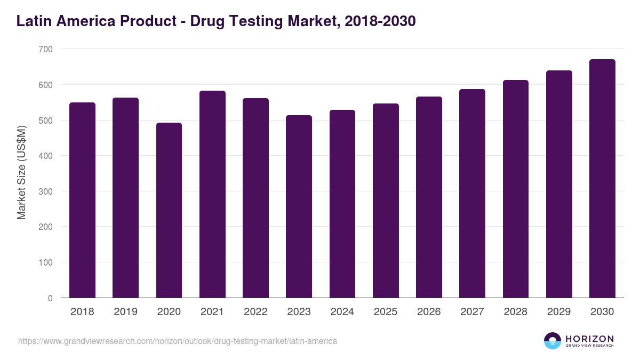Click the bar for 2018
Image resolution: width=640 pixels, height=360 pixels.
pyautogui.click(x=82, y=200)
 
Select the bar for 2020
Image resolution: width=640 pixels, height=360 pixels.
pyautogui.click(x=169, y=210)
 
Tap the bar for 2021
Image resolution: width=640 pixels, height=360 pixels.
pyautogui.click(x=212, y=194)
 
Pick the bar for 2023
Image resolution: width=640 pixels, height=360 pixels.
pyautogui.click(x=299, y=206)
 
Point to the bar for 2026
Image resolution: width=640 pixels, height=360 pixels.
pyautogui.click(x=429, y=197)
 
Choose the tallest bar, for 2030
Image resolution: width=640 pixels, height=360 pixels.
pyautogui.click(x=602, y=179)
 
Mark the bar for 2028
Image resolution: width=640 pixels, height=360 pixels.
pyautogui.click(x=516, y=189)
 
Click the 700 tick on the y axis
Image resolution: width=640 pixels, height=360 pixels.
pyautogui.click(x=46, y=49)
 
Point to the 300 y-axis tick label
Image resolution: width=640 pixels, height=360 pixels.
pyautogui.click(x=46, y=191)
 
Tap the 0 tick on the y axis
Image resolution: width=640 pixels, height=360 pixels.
pyautogui.click(x=50, y=298)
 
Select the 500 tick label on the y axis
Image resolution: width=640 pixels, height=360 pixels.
pyautogui.click(x=46, y=121)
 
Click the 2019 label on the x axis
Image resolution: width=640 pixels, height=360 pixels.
pyautogui.click(x=125, y=312)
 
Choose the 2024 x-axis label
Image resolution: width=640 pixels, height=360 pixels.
pyautogui.click(x=342, y=312)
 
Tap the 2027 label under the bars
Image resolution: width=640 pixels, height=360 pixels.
pyautogui.click(x=472, y=312)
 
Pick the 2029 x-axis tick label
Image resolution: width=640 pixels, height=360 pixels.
pyautogui.click(x=559, y=312)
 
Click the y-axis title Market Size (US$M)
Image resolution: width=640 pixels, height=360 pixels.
pyautogui.click(x=22, y=172)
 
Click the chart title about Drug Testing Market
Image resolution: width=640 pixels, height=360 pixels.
pyautogui.click(x=216, y=21)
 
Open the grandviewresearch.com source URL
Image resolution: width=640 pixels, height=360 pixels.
pyautogui.click(x=178, y=341)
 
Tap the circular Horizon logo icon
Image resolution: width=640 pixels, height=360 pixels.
pyautogui.click(x=553, y=341)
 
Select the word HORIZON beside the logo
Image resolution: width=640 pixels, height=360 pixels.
pyautogui.click(x=589, y=338)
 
